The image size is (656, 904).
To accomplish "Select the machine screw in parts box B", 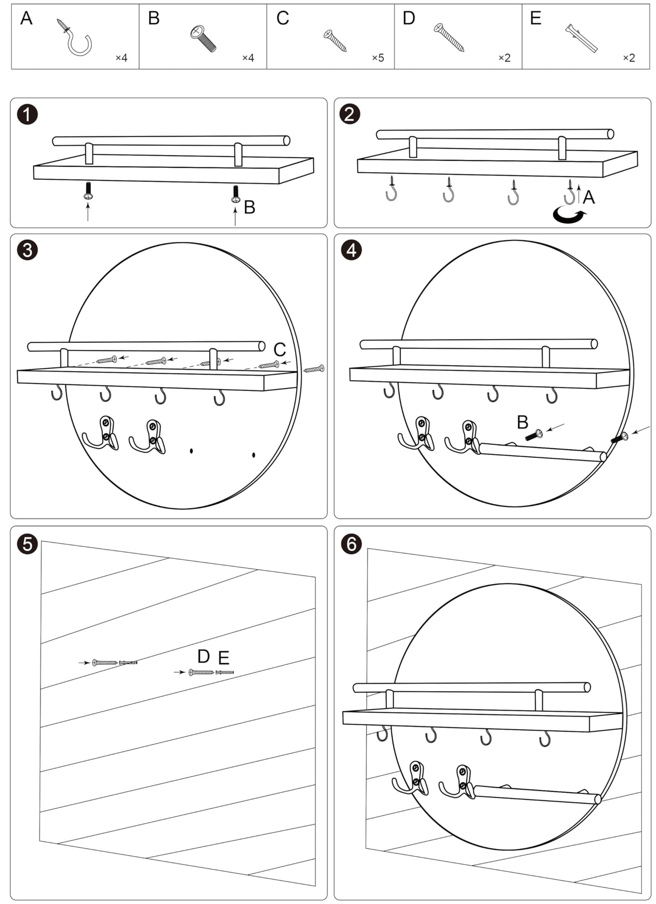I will click(203, 38).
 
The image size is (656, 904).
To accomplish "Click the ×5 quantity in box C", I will click(378, 58).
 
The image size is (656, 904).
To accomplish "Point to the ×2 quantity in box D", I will click(504, 58).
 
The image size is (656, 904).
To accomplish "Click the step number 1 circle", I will click(28, 114).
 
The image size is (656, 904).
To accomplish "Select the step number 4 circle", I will click(352, 250).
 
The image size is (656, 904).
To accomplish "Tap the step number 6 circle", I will click(352, 543).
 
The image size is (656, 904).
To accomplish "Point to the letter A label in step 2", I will click(588, 198).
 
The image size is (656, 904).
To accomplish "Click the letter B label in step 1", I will click(249, 207).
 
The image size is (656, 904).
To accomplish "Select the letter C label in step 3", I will click(279, 349).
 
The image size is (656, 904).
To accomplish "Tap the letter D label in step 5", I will click(203, 656).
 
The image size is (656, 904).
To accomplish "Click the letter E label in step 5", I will click(224, 658).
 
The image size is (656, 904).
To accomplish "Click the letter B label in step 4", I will click(522, 422).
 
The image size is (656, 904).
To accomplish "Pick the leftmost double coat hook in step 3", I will click(101, 433).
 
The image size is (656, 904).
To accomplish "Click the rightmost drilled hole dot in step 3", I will click(253, 455).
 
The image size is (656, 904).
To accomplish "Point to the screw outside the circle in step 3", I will click(314, 369).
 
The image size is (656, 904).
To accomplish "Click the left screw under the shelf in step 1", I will click(88, 191).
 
